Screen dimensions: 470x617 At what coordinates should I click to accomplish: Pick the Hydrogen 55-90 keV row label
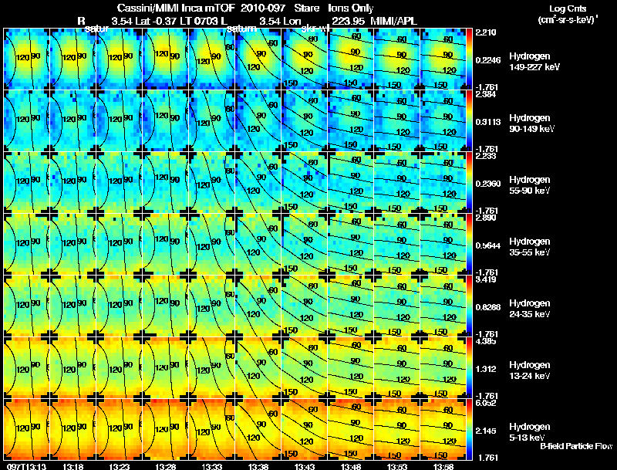point(531,185)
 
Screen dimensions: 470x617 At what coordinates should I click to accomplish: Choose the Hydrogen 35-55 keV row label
point(531,247)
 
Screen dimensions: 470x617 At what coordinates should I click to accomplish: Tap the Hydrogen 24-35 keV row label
point(531,309)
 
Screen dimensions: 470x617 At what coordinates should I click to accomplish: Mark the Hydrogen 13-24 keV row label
point(531,370)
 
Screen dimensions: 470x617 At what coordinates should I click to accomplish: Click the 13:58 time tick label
point(443,466)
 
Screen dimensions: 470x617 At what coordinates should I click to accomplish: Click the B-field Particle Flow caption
point(575,446)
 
